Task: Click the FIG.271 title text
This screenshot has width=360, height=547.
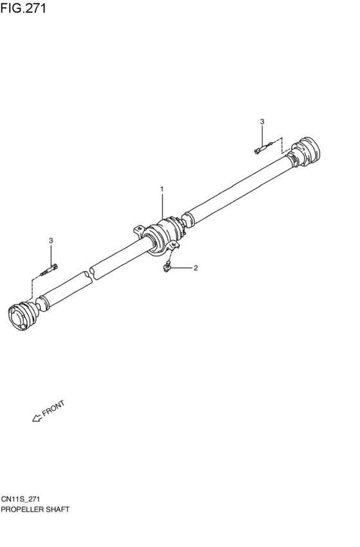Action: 23,8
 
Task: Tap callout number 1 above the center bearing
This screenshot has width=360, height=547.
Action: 162,189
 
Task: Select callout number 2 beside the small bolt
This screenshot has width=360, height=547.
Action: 195,268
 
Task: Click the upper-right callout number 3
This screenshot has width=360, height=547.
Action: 262,121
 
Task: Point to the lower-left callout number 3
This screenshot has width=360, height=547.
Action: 51,240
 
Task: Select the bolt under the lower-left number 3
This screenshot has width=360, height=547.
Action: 50,270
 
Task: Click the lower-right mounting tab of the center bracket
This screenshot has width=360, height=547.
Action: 174,246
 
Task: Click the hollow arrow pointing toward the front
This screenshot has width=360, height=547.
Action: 37,418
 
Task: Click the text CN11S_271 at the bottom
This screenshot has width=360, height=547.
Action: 20,499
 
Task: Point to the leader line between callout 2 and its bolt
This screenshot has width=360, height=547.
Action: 181,268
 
